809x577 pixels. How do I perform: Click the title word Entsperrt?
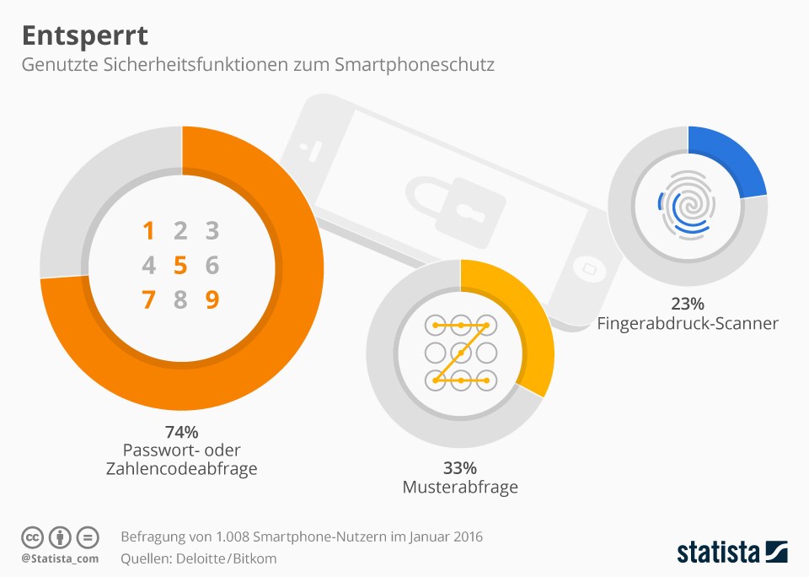coord(85,36)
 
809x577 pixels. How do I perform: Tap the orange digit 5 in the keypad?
coord(180,265)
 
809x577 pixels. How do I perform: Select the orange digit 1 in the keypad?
coord(148,230)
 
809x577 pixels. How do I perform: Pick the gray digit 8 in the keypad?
coord(180,299)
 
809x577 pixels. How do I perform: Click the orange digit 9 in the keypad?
coord(212,299)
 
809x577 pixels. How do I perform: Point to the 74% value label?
coord(182,431)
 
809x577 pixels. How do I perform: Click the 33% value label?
coord(460,468)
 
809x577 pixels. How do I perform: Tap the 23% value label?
coord(688,303)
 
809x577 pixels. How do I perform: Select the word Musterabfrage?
coord(460,487)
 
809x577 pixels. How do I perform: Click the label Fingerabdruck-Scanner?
coord(688,323)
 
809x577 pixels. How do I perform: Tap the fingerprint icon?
coord(687,206)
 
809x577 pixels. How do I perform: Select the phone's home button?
coord(589,268)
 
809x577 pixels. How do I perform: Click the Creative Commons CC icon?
coord(32,537)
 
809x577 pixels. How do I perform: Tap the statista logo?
coord(732,551)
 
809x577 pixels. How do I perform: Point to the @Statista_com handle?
coord(60,558)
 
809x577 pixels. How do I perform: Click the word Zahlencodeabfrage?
coord(182,468)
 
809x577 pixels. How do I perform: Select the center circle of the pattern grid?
coord(461,353)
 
